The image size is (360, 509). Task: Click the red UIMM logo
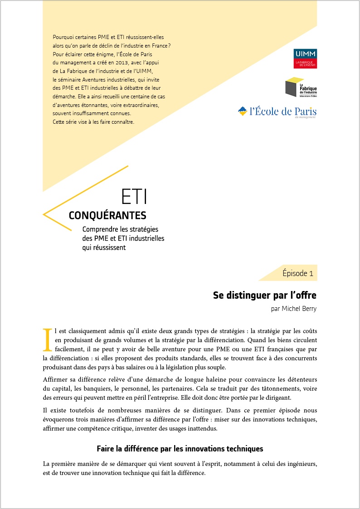[305, 58]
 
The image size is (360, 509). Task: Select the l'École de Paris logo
[277, 111]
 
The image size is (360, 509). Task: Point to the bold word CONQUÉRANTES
[107, 215]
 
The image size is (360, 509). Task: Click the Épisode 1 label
[297, 273]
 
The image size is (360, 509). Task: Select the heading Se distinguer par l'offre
[264, 296]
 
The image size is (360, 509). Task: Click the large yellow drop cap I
[47, 340]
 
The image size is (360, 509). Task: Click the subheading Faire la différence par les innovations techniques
[180, 449]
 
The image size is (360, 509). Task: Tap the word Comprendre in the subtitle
[103, 229]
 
